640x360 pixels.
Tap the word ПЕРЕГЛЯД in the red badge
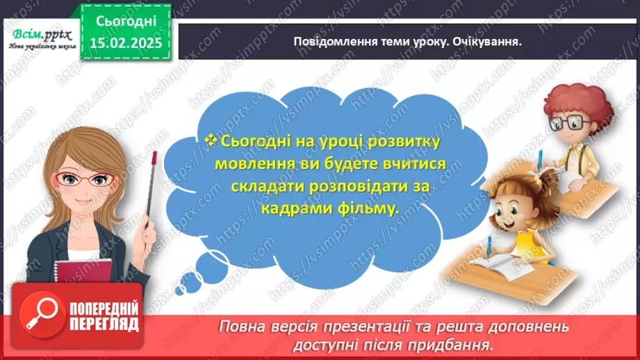click(103, 324)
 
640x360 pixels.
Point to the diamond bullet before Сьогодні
click(213, 140)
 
